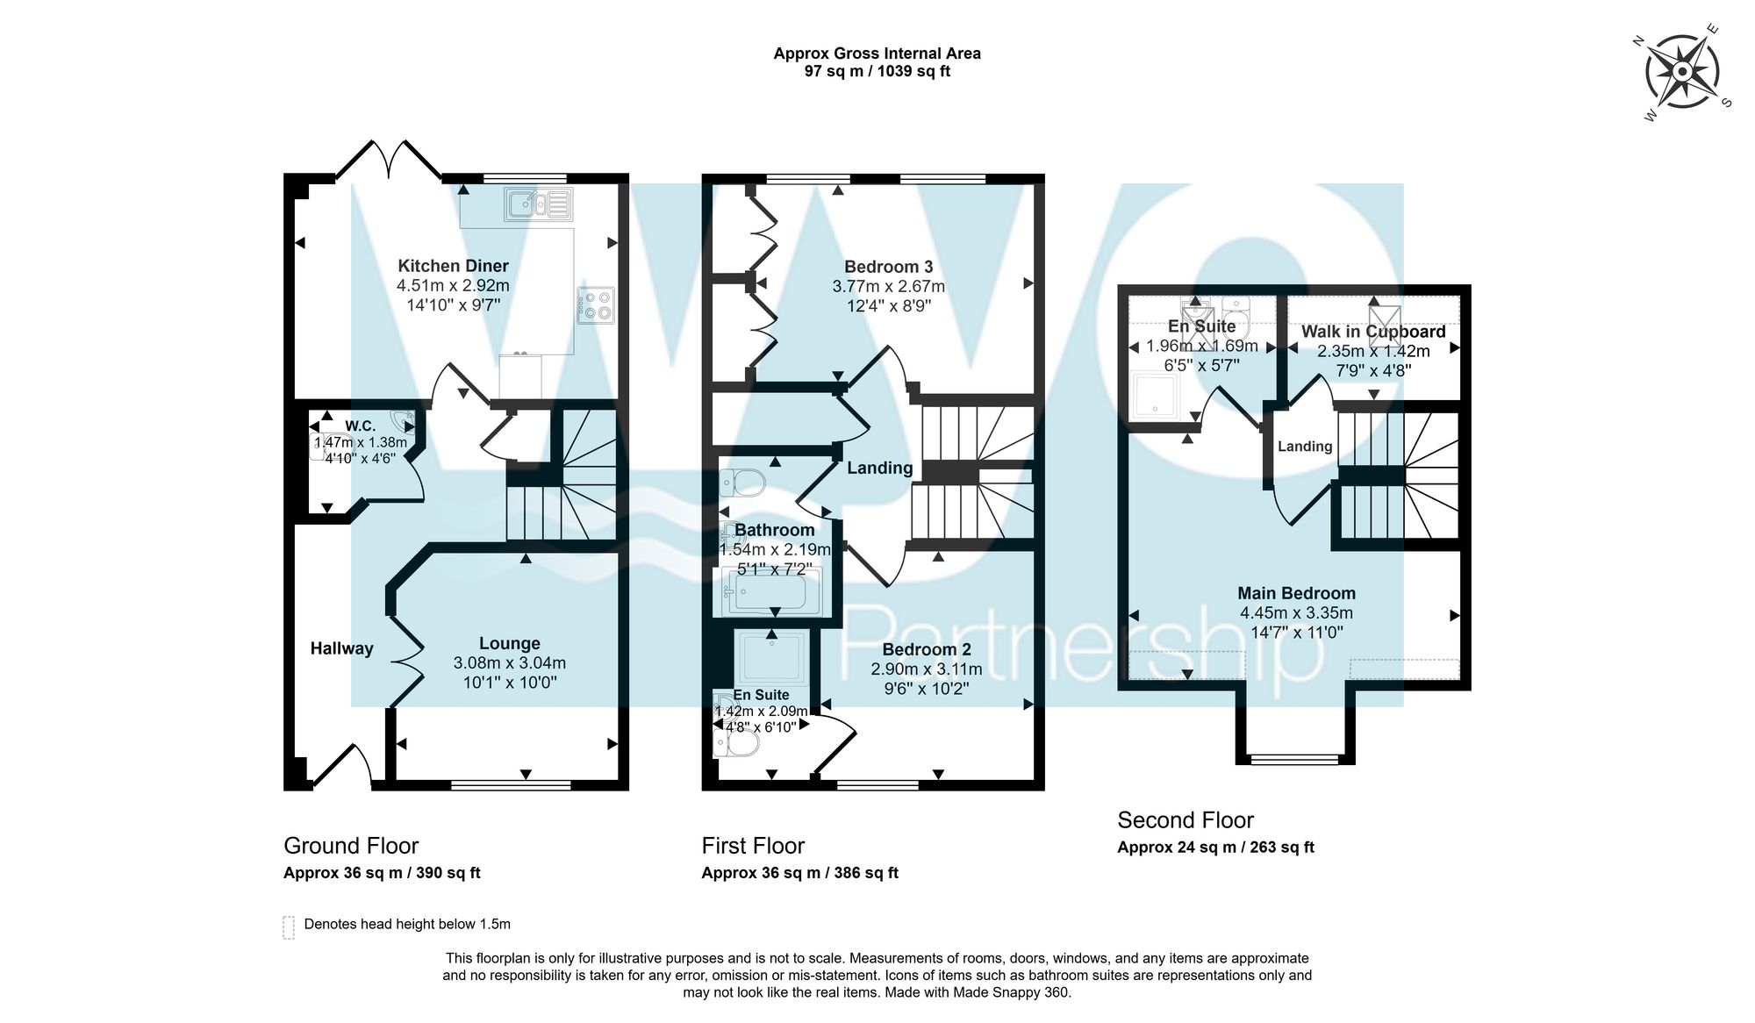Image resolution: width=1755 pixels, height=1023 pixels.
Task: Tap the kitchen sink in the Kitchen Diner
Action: tap(537, 204)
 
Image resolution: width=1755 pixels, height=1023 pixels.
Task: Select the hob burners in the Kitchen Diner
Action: tap(596, 305)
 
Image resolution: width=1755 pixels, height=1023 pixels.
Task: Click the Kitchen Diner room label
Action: tap(453, 266)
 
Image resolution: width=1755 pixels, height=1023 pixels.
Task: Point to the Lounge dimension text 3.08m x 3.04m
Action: tap(509, 663)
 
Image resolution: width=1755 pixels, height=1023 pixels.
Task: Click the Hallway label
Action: tap(341, 648)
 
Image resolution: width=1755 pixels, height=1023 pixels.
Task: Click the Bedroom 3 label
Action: tap(888, 267)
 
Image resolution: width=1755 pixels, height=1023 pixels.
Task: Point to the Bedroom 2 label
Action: tap(926, 649)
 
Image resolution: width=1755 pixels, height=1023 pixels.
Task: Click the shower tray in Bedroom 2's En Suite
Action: tap(771, 658)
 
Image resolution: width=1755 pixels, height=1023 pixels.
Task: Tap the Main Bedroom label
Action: tap(1296, 593)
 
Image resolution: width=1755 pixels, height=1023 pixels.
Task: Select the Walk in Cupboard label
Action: tap(1372, 332)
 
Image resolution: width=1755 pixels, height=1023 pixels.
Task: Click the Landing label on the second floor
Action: tap(1304, 447)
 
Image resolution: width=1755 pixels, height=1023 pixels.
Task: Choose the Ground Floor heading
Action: tap(351, 846)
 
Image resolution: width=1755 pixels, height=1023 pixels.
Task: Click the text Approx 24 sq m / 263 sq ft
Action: tap(1215, 848)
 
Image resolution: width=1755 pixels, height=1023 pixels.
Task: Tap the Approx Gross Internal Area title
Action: tap(877, 54)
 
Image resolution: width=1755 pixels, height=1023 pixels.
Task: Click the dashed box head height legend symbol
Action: tap(289, 927)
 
